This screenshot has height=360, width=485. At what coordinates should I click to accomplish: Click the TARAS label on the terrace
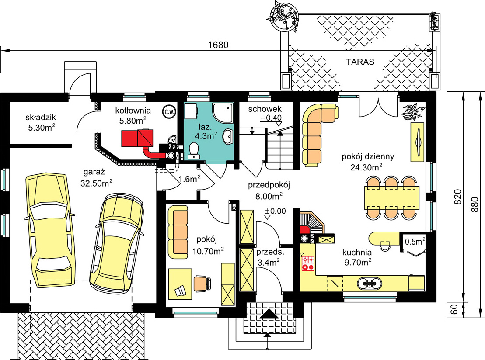point(360,62)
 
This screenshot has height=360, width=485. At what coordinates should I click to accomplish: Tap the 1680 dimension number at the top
point(218,45)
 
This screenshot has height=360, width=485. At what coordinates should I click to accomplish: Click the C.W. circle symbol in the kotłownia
point(168,112)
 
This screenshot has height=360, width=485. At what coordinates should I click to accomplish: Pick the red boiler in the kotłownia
point(136,138)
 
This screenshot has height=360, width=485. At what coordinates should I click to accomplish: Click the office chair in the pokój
point(201,283)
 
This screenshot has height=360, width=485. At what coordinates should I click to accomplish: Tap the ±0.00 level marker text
point(275,211)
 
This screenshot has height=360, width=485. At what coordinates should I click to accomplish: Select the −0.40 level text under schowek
point(271,118)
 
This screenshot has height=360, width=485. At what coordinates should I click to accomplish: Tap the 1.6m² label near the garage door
point(189,178)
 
